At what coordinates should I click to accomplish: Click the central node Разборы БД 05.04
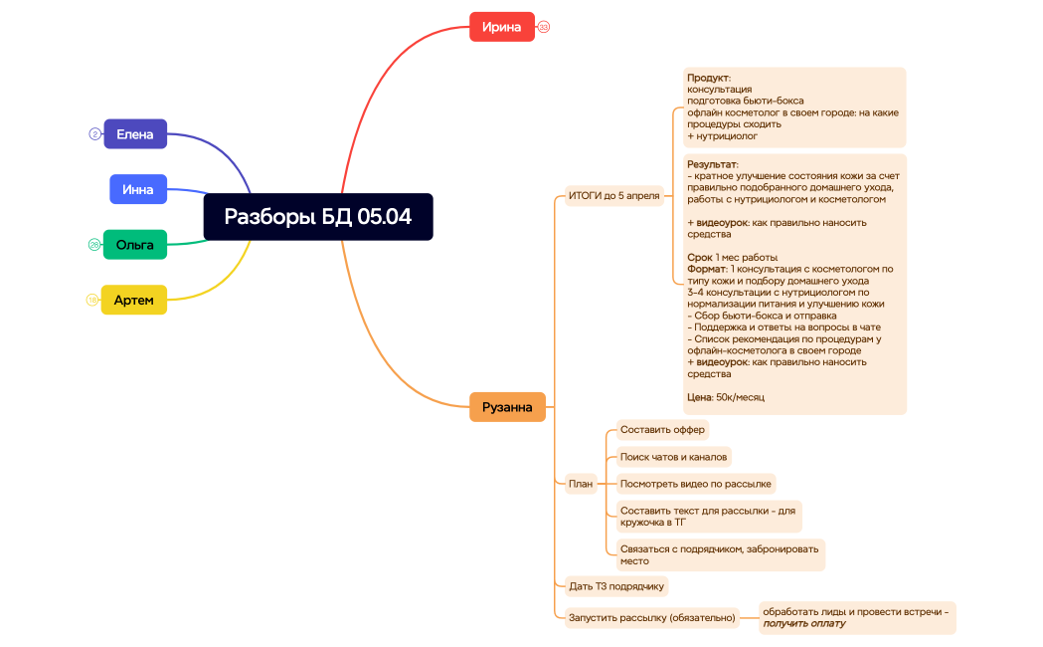point(318,217)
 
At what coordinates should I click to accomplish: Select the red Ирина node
point(501,27)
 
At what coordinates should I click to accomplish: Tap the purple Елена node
point(135,133)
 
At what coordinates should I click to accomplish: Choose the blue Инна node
point(138,189)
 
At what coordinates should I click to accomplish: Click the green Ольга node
point(135,244)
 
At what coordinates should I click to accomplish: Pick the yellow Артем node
point(134,300)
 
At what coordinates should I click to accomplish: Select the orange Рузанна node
point(507,407)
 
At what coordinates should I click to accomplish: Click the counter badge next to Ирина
point(544,27)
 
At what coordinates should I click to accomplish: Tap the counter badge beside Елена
point(94,133)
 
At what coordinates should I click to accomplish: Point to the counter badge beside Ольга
point(94,244)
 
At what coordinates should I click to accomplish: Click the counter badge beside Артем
point(92,300)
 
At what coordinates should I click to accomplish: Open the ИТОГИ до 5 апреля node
point(613,195)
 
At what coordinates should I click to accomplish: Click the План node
point(581,484)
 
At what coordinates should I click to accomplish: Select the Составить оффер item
point(662,430)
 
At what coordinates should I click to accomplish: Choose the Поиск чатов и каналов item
point(673,457)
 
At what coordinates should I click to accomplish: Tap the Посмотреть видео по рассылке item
point(695,484)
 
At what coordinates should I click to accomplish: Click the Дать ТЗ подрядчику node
point(615,585)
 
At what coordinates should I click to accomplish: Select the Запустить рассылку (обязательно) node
point(651,617)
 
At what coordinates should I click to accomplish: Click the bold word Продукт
point(708,78)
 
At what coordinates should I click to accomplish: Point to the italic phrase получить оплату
point(804,623)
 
